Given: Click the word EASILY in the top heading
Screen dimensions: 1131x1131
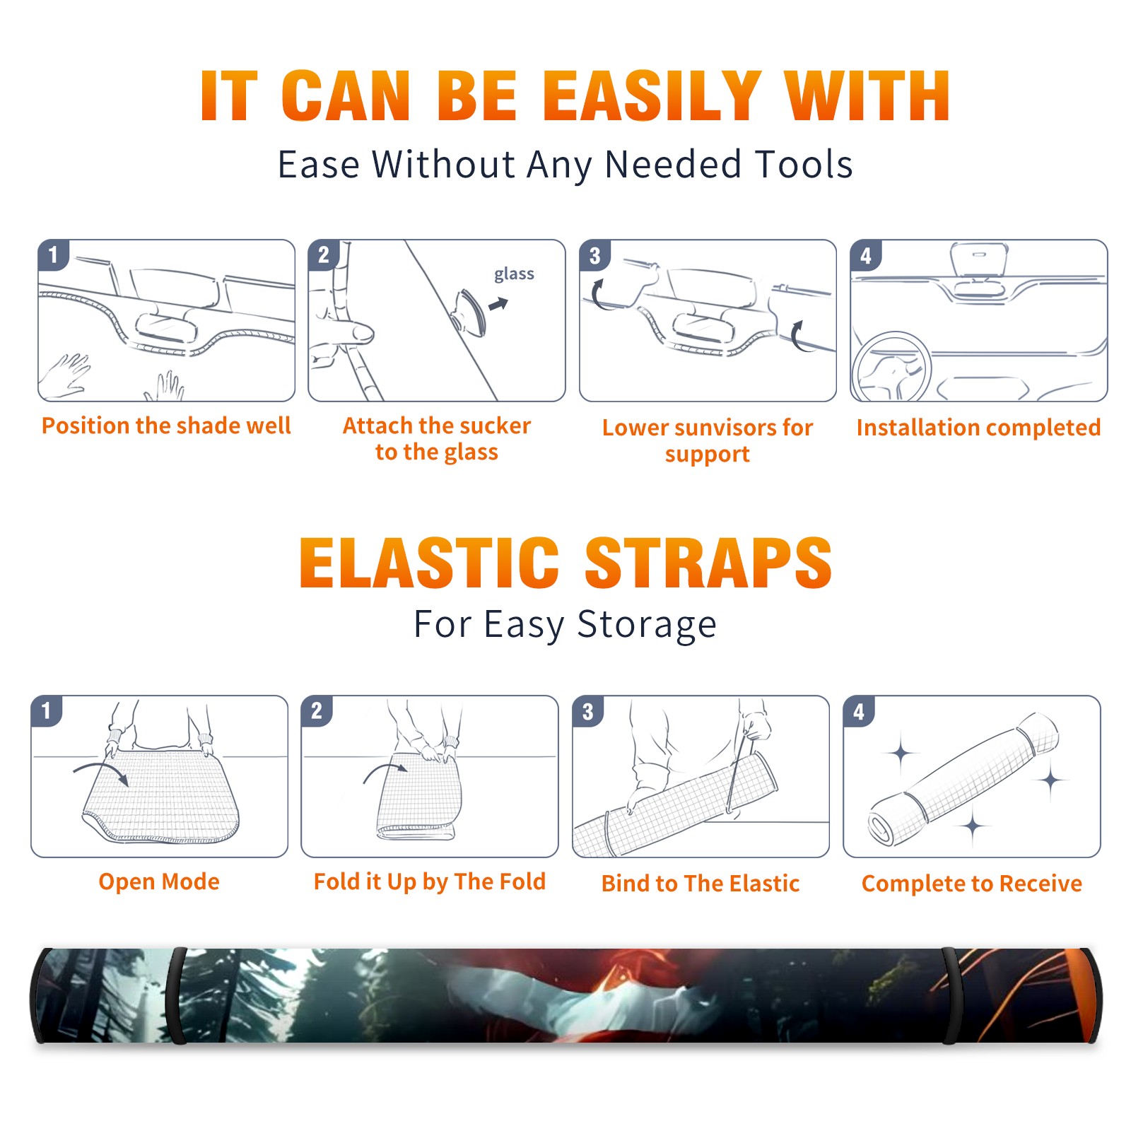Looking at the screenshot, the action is tap(652, 96).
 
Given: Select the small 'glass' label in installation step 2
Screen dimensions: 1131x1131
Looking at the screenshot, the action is tap(514, 274).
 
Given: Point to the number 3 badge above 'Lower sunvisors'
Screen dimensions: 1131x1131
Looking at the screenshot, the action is tap(594, 255).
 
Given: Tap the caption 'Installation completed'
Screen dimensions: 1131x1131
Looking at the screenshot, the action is tap(978, 428).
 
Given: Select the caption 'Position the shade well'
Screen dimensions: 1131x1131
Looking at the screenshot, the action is tap(166, 426).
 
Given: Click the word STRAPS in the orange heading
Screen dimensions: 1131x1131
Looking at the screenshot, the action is tap(708, 563).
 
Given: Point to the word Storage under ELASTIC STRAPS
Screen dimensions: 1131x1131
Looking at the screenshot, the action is tap(647, 625).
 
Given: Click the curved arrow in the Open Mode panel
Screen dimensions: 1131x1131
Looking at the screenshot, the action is tap(101, 771).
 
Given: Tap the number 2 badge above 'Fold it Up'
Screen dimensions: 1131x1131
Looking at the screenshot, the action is tap(317, 710).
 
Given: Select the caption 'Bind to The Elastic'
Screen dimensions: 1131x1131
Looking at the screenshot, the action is tap(701, 884).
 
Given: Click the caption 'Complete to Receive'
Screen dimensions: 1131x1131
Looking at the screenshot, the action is tap(972, 884).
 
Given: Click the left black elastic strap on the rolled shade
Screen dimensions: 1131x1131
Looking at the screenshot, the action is tap(177, 995).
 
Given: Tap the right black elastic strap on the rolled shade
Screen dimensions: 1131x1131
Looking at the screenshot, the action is tap(951, 995).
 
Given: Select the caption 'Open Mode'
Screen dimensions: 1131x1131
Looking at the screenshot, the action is tap(159, 881).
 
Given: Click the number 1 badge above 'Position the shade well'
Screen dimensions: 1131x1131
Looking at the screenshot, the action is tap(53, 255).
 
